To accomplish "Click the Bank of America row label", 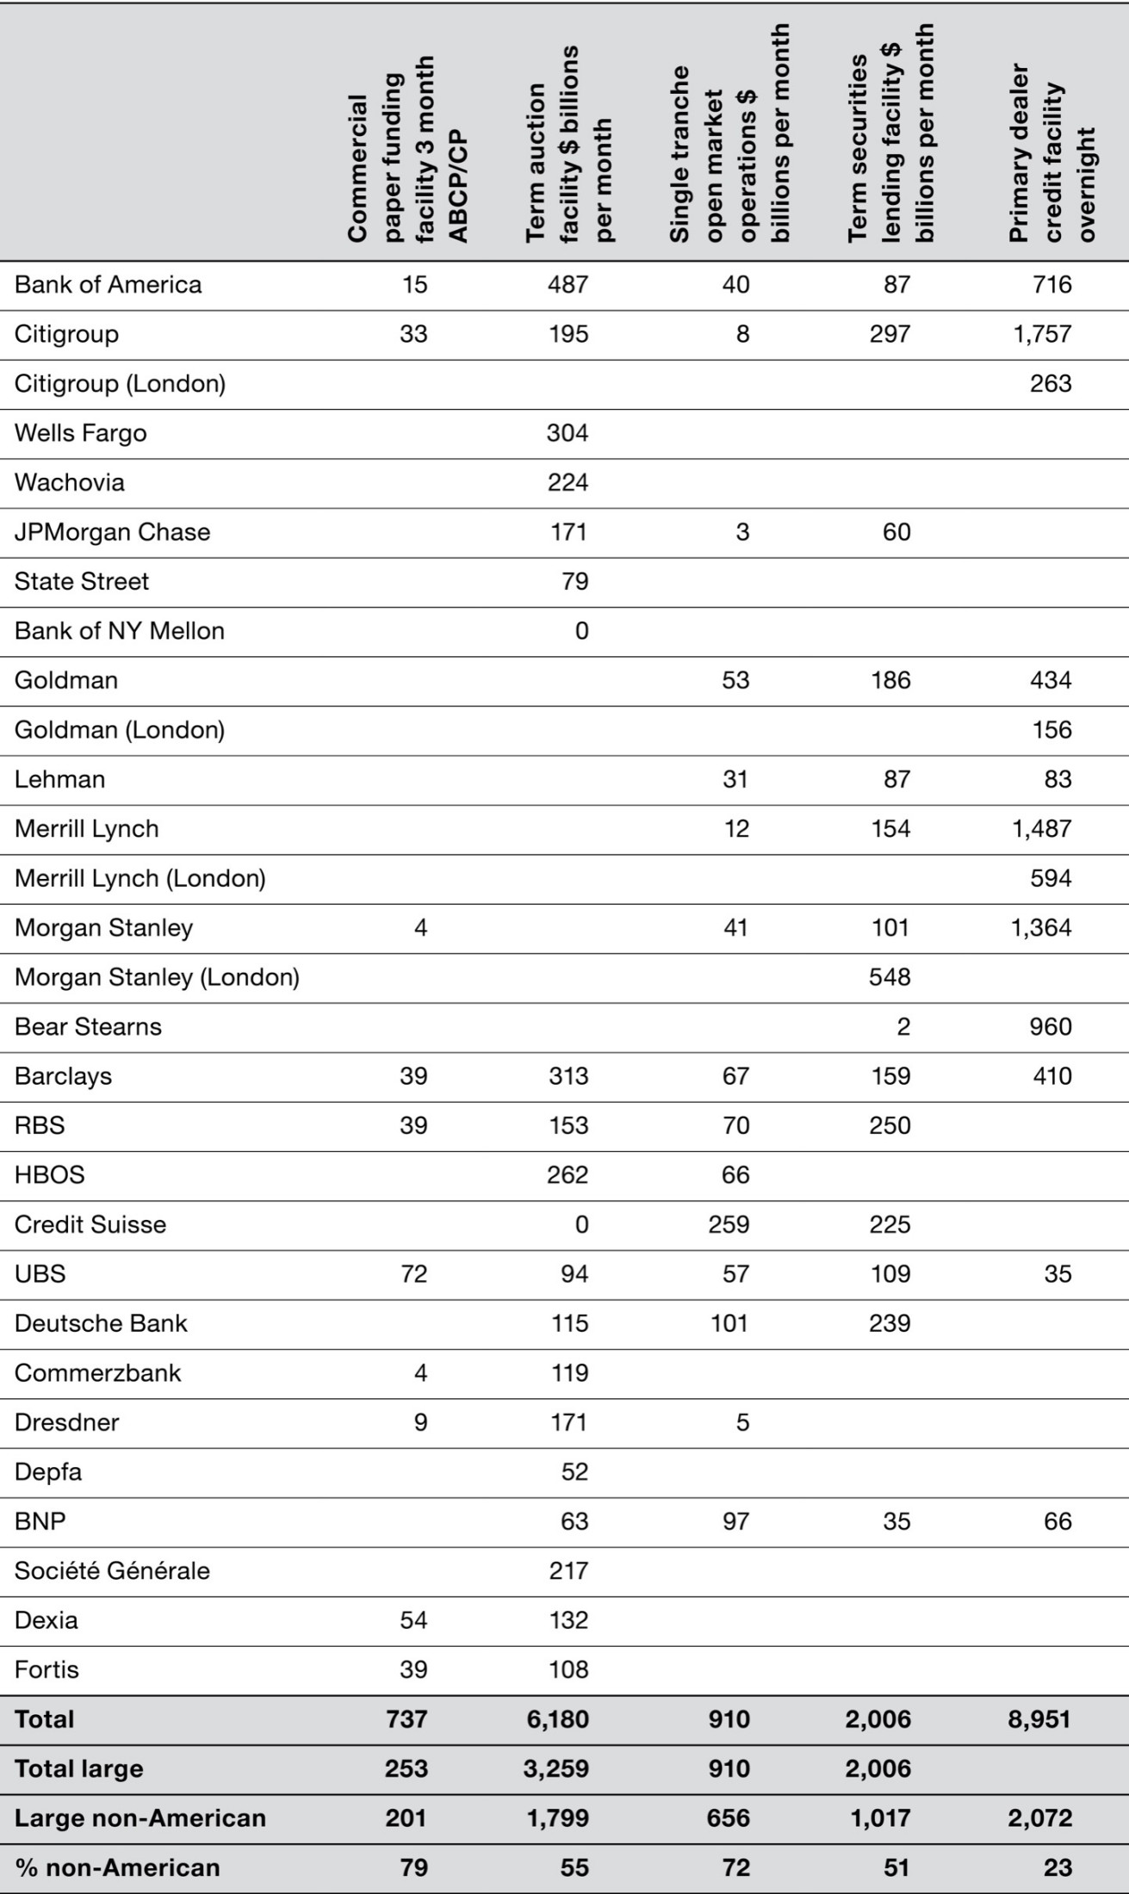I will tap(109, 285).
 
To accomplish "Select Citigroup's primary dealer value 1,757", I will tap(1042, 334).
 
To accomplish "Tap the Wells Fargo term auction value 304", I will tap(568, 433).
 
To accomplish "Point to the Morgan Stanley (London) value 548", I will tap(890, 977).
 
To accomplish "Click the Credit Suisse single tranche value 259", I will tap(729, 1224).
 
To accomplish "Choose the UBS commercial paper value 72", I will tap(413, 1274).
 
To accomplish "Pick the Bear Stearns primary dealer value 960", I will tap(1051, 1027).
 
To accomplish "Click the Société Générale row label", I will tap(112, 1571).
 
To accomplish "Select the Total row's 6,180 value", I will tap(557, 1719).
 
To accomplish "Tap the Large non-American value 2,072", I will tap(1039, 1818).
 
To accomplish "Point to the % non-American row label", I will tap(117, 1868).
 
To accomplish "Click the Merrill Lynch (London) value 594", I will tap(1051, 878).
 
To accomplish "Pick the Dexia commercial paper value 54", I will tap(413, 1620).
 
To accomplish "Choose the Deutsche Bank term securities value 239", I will tap(890, 1323).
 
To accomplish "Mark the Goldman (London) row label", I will tap(120, 730).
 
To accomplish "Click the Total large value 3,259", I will tap(557, 1769).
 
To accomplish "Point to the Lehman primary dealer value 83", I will tap(1058, 779).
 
